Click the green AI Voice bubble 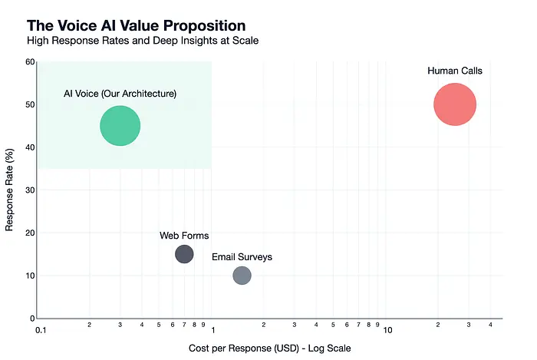pyautogui.click(x=120, y=126)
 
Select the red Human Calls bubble pyautogui.click(x=455, y=105)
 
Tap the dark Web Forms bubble pyautogui.click(x=184, y=254)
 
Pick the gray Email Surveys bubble pyautogui.click(x=242, y=275)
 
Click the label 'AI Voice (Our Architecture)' pyautogui.click(x=120, y=94)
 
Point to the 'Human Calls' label pyautogui.click(x=455, y=71)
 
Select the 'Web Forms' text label pyautogui.click(x=184, y=236)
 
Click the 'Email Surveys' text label pyautogui.click(x=242, y=257)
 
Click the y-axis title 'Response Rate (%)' pyautogui.click(x=11, y=190)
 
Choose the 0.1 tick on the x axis pyautogui.click(x=41, y=330)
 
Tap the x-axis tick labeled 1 pyautogui.click(x=212, y=330)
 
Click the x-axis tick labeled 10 pyautogui.click(x=388, y=330)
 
